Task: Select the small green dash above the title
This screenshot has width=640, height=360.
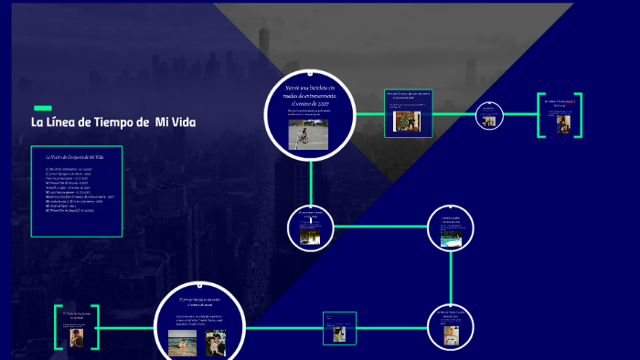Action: click(41, 108)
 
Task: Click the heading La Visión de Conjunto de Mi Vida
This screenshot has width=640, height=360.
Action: click(75, 158)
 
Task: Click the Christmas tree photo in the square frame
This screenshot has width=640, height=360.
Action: click(407, 119)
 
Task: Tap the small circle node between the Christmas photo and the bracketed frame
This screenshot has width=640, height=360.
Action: click(489, 114)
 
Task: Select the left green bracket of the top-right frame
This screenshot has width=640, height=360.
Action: click(540, 115)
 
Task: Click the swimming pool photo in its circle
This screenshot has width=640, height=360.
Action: click(451, 238)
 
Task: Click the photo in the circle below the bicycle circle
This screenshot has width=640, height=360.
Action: click(309, 237)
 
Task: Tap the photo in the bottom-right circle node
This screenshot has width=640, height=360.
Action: click(451, 336)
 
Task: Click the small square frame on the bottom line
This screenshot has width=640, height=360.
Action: click(340, 329)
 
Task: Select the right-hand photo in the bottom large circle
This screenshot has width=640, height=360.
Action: click(216, 343)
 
